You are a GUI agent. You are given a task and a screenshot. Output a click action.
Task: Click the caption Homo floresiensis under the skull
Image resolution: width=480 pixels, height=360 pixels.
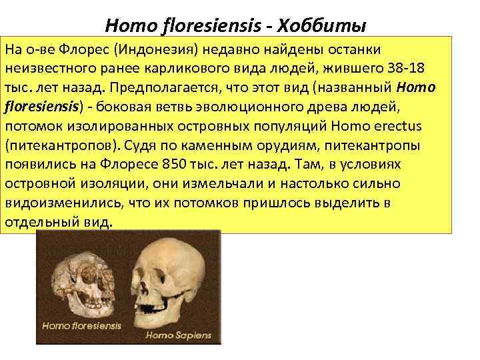tap(82, 326)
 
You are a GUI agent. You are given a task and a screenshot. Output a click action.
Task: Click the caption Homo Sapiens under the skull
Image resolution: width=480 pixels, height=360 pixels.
tap(178, 334)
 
